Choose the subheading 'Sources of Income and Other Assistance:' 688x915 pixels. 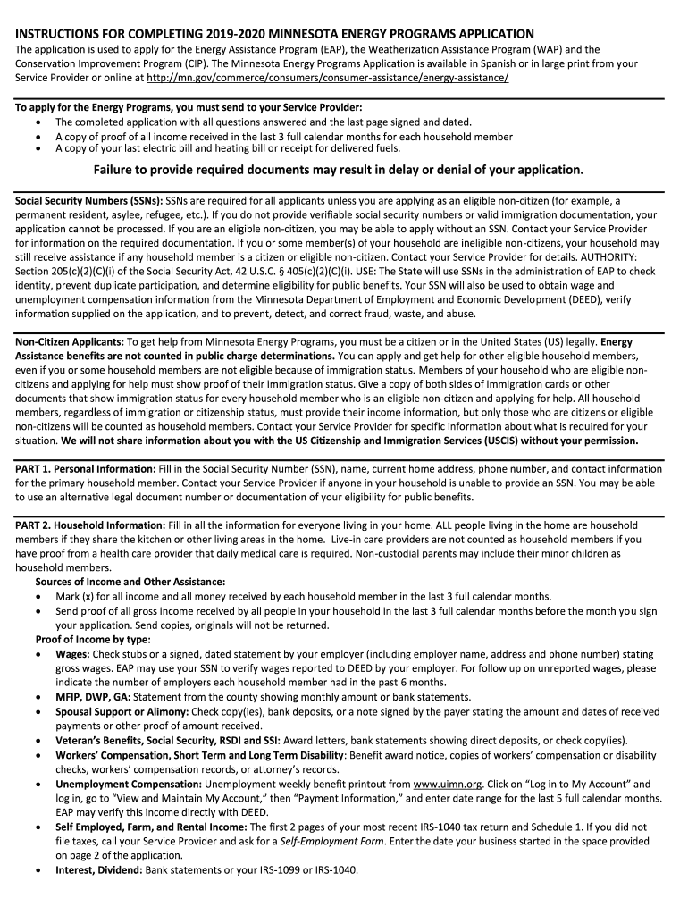pyautogui.click(x=130, y=582)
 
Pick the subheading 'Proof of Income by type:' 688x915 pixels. pyautogui.click(x=93, y=639)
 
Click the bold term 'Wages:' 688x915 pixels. pyautogui.click(x=72, y=654)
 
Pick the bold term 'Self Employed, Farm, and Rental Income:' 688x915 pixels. pyautogui.click(x=151, y=827)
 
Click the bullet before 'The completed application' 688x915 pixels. pyautogui.click(x=37, y=122)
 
